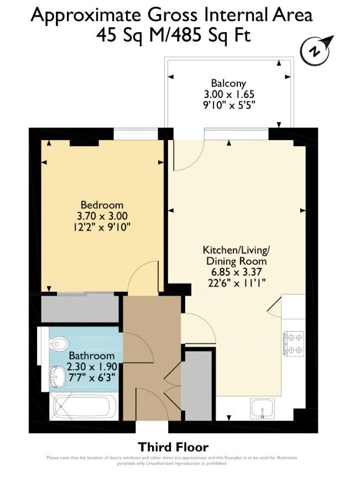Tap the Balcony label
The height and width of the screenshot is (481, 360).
pyautogui.click(x=229, y=84)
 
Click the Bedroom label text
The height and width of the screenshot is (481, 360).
pyautogui.click(x=102, y=205)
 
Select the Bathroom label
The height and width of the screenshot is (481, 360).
pyautogui.click(x=91, y=356)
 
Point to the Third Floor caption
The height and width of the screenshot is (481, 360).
pyautogui.click(x=173, y=447)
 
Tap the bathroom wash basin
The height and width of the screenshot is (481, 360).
pyautogui.click(x=58, y=378)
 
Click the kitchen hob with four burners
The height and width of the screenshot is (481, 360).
pyautogui.click(x=293, y=343)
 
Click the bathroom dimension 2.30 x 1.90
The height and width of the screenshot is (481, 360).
pyautogui.click(x=91, y=366)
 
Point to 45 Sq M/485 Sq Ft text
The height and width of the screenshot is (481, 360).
pyautogui.click(x=174, y=35)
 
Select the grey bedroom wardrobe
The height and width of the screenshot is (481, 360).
pyautogui.click(x=80, y=308)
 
